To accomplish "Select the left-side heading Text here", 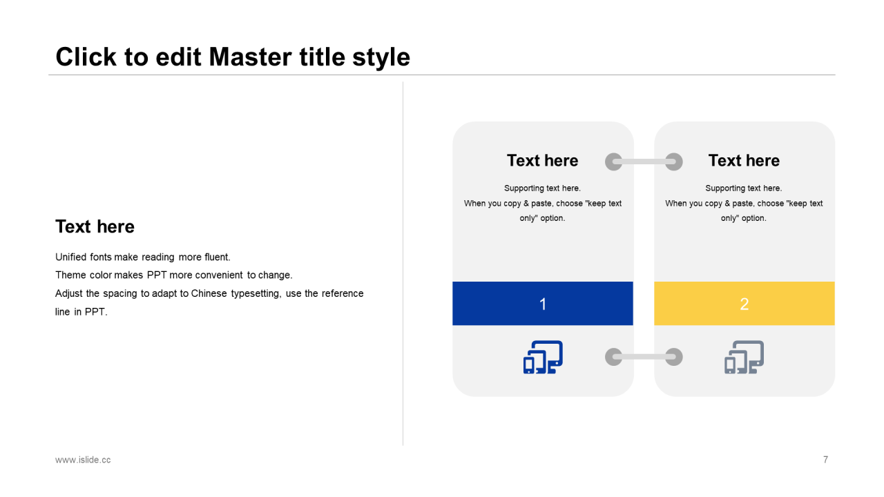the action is coord(95,226).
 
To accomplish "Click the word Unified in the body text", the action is coord(70,257).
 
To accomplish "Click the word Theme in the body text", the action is coord(70,275).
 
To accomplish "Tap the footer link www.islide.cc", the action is coord(83,460).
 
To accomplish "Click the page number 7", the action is coord(825,460).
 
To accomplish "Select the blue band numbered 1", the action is coord(543,303).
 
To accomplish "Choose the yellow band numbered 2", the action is coord(744,303).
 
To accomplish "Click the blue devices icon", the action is coord(543,357).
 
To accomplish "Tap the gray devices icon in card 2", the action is coord(744,357).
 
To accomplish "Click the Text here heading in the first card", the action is coord(542,161).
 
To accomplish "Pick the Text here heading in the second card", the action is coord(744,161).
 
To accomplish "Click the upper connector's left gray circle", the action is coord(614,162).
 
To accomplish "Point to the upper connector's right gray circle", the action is coord(673,162).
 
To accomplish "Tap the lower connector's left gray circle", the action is coord(614,357).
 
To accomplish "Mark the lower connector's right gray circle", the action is coord(673,357).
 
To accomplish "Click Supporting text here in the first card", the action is coord(542,188).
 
